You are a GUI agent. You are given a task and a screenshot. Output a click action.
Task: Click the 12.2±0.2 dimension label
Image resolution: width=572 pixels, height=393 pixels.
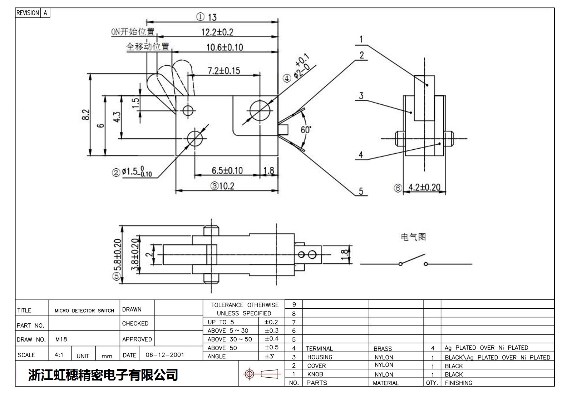(x=217, y=32)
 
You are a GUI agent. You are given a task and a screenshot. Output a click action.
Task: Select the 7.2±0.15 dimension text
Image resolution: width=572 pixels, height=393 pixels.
(x=224, y=70)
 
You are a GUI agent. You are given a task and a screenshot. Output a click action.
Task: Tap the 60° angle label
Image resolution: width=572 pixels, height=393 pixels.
(x=306, y=130)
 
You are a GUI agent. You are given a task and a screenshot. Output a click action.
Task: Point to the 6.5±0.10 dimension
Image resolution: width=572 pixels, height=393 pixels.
(x=227, y=170)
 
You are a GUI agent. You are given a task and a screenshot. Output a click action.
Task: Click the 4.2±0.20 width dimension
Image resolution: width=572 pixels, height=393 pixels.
(x=424, y=187)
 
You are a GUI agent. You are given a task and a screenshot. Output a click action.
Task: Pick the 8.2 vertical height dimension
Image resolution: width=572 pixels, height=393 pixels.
(x=86, y=115)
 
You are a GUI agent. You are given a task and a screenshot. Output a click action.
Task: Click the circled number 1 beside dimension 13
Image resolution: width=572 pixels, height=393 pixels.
(x=200, y=17)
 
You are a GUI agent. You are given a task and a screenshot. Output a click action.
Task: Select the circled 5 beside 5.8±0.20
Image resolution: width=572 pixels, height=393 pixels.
(x=117, y=277)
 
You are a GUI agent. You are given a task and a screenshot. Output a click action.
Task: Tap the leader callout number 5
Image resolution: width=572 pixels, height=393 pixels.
(x=361, y=191)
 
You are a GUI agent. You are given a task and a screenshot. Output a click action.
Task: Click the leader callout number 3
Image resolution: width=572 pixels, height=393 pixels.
(x=361, y=95)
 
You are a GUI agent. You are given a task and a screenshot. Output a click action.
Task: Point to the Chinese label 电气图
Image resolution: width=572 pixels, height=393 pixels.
(x=413, y=237)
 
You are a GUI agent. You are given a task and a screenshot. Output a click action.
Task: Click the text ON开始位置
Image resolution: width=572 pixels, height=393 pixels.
(x=133, y=32)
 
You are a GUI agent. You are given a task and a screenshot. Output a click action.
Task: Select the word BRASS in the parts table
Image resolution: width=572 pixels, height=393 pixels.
(x=383, y=348)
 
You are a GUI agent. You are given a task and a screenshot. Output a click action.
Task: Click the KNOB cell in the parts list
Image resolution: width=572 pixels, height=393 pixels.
(x=315, y=374)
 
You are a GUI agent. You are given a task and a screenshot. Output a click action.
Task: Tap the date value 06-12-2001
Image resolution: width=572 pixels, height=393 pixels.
(x=165, y=355)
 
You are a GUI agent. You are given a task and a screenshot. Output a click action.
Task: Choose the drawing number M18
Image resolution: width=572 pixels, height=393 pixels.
(x=61, y=339)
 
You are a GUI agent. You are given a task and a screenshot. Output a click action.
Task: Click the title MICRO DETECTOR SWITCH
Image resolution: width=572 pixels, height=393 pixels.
(x=84, y=310)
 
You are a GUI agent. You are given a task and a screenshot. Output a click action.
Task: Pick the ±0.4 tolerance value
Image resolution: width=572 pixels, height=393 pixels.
(x=271, y=338)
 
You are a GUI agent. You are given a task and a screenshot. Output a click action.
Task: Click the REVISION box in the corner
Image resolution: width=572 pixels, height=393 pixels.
(x=28, y=13)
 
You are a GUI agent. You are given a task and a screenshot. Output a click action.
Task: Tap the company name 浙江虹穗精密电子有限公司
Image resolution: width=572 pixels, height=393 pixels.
(x=103, y=375)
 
